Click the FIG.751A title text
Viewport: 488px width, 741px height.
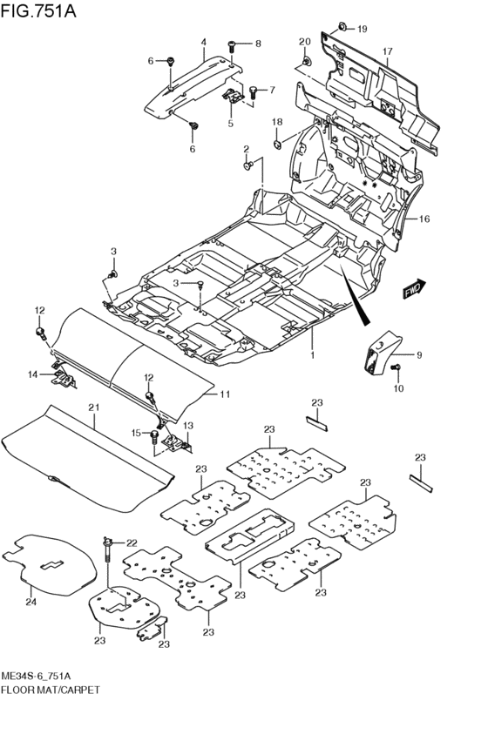pyautogui.click(x=38, y=10)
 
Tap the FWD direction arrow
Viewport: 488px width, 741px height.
pyautogui.click(x=414, y=288)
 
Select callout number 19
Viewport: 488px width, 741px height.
pyautogui.click(x=362, y=30)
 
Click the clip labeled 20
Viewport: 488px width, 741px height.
pyautogui.click(x=308, y=61)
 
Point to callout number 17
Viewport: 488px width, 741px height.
pyautogui.click(x=387, y=51)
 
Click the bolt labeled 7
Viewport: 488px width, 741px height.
pyautogui.click(x=253, y=91)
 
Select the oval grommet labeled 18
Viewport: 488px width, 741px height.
pyautogui.click(x=278, y=142)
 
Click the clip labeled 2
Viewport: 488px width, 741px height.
pyautogui.click(x=247, y=165)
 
